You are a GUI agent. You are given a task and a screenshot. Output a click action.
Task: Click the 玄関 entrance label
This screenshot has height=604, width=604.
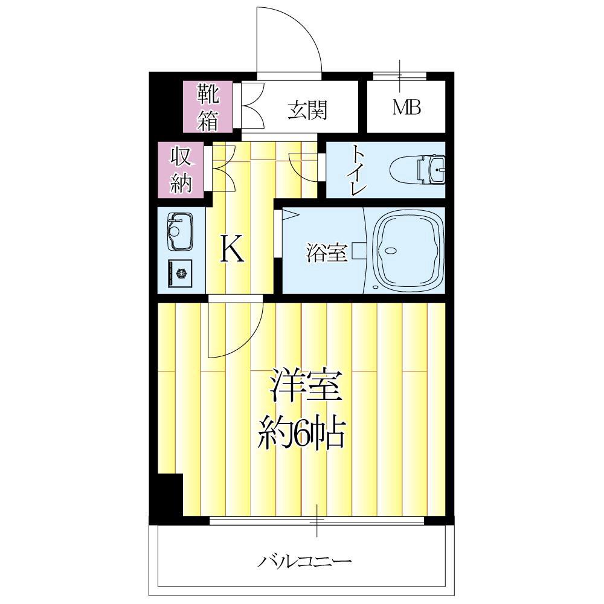click(x=307, y=111)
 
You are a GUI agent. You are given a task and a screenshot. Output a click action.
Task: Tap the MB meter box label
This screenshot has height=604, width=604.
click(x=406, y=108)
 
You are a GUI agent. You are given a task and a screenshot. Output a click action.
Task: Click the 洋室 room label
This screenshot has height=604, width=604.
click(x=306, y=387)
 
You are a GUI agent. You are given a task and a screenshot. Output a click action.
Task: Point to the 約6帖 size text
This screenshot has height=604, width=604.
click(x=302, y=431)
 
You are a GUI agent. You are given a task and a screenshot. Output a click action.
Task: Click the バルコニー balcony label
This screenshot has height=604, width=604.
click(x=305, y=562)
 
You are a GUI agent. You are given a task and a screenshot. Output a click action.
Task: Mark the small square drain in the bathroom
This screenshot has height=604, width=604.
click(x=359, y=250)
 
